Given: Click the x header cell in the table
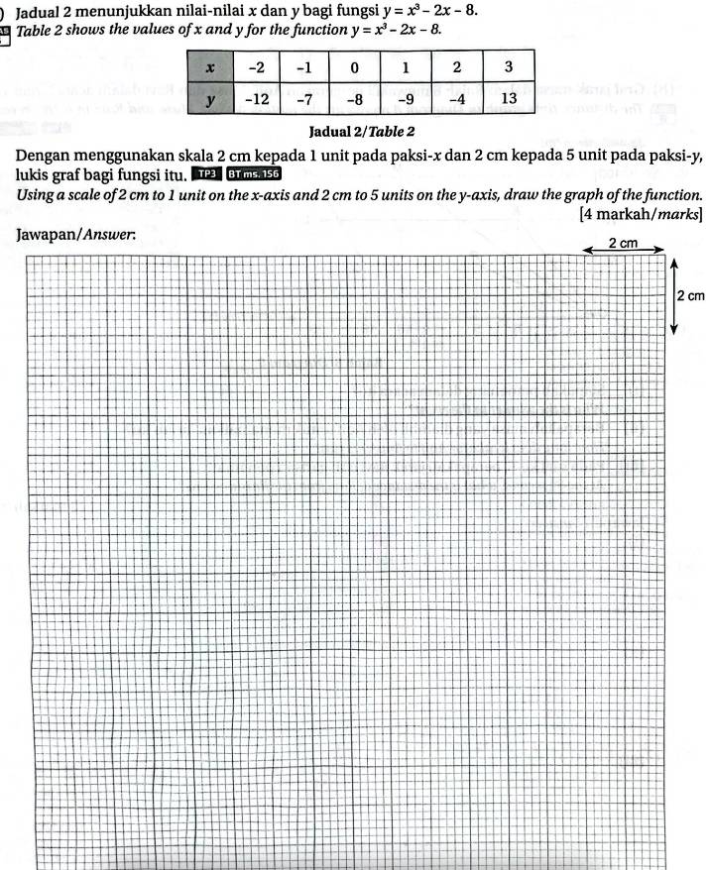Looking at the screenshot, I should (209, 67).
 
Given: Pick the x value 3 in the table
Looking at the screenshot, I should (509, 67).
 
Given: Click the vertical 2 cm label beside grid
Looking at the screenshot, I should (689, 295).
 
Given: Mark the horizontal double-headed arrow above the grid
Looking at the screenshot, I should (623, 252).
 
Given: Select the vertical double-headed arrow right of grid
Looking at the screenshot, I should (674, 295).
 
